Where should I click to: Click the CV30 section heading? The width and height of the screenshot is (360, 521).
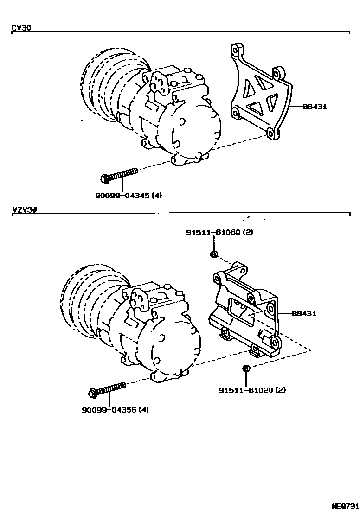[21, 28]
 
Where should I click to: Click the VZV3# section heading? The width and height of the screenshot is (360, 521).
[24, 210]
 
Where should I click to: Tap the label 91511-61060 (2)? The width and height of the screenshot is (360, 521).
[219, 232]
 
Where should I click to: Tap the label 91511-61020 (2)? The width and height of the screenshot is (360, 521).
[252, 390]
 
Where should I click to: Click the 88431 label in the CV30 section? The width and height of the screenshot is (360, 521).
[315, 106]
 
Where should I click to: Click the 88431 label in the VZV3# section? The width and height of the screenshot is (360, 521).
[304, 314]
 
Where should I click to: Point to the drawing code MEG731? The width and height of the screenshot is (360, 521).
[346, 506]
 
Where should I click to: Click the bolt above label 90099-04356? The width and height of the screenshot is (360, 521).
[107, 389]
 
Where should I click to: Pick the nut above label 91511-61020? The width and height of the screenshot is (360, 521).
[246, 368]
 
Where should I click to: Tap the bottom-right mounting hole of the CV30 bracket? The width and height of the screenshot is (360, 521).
[270, 134]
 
